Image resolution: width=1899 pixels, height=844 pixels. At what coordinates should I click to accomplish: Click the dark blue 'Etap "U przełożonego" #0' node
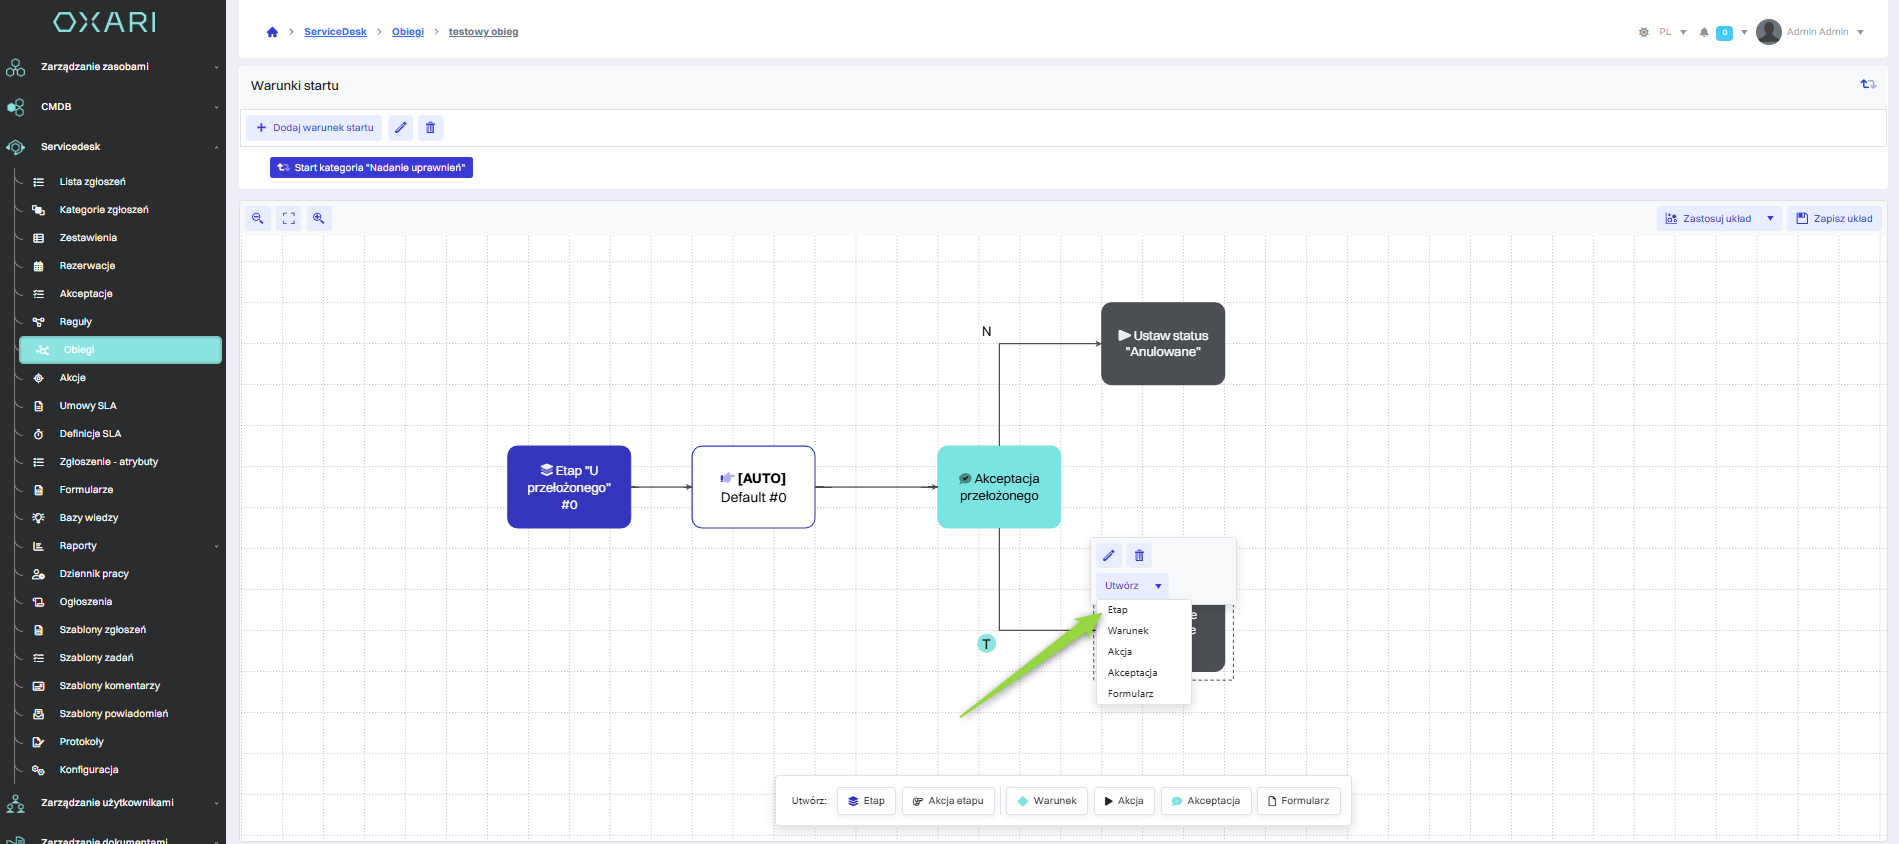pos(568,487)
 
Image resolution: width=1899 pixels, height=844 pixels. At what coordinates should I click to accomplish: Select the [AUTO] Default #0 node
pos(753,487)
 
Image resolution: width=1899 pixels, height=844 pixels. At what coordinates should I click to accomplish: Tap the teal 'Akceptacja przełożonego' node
pos(998,487)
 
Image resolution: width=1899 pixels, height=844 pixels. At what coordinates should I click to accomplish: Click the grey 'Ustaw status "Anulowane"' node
pos(1162,343)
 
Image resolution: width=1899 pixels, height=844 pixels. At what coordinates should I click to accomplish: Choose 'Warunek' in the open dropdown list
pos(1128,631)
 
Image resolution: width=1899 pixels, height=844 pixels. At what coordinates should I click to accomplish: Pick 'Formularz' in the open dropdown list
pos(1130,694)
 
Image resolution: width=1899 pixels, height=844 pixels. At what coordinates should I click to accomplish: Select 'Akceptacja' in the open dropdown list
pos(1132,673)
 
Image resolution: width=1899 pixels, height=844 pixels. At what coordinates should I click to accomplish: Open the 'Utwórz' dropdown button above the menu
pos(1132,586)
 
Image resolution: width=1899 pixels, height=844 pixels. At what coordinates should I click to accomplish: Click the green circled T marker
pos(986,644)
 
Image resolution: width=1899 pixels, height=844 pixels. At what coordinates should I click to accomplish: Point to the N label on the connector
pos(986,331)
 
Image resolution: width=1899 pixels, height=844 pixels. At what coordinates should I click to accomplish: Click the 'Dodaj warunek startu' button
pos(314,128)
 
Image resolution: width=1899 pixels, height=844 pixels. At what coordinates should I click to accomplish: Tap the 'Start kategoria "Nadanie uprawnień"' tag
pos(371,168)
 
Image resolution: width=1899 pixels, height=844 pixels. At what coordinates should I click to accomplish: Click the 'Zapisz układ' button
pos(1834,219)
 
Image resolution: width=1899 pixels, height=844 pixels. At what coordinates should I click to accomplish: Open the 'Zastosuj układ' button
pos(1716,219)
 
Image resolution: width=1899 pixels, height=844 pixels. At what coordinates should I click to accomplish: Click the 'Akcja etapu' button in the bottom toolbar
pos(947,801)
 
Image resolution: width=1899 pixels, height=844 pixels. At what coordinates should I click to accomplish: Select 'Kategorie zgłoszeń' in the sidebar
pos(103,210)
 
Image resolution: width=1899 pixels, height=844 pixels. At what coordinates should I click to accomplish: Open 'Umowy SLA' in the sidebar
pos(88,406)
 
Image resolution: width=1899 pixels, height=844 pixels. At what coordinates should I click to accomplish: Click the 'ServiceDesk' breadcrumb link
pos(335,32)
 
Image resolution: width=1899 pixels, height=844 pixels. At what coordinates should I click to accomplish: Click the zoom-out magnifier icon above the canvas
pos(258,218)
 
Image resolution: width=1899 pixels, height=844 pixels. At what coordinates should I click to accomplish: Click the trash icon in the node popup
pos(1139,556)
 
